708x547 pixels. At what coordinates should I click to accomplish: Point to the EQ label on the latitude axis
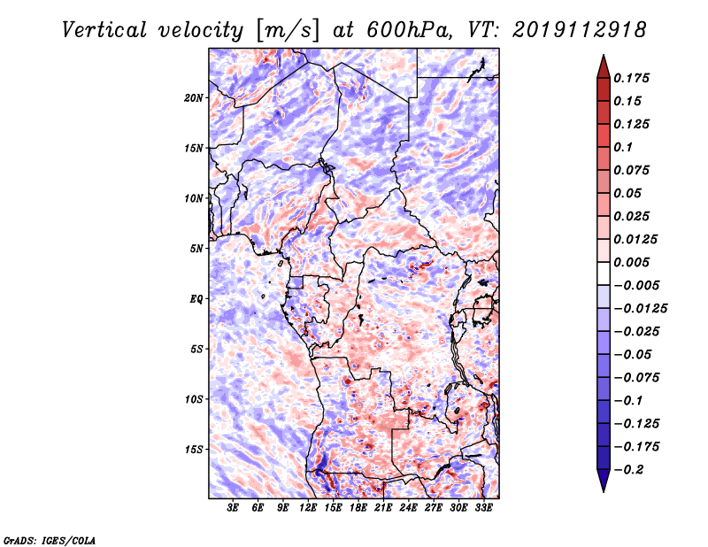197,299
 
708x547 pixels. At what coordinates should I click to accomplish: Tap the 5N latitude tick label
197,249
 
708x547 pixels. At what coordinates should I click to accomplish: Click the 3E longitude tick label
234,509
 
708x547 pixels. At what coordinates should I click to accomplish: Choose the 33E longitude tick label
484,509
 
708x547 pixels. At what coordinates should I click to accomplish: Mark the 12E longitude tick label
309,509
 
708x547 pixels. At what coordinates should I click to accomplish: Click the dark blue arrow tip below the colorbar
602,484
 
